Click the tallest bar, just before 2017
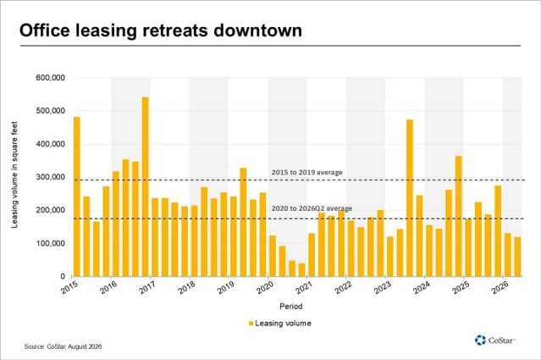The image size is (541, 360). (146, 186)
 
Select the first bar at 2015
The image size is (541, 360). (76, 197)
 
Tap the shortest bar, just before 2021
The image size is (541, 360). (302, 269)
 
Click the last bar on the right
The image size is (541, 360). (517, 257)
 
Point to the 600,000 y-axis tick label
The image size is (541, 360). (50, 78)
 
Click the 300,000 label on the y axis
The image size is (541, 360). (50, 177)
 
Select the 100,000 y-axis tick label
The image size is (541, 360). (50, 243)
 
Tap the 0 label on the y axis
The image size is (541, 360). (63, 276)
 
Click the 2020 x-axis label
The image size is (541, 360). (265, 287)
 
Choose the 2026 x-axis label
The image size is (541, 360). (500, 287)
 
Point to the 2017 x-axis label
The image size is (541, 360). (147, 287)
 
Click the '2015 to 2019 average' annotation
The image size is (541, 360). (306, 172)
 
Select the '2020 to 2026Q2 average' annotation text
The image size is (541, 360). (312, 208)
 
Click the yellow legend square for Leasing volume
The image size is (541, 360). (251, 324)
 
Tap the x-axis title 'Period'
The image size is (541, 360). (291, 306)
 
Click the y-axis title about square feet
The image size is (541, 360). (14, 174)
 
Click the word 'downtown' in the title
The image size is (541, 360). (257, 30)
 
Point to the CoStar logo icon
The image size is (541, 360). (480, 340)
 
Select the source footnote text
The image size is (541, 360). (63, 346)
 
